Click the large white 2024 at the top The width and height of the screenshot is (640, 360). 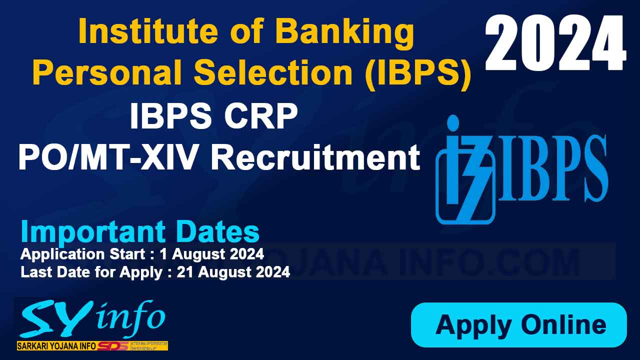tap(555, 43)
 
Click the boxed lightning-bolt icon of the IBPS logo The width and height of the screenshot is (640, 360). tap(465, 170)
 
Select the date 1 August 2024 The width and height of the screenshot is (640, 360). tap(212, 254)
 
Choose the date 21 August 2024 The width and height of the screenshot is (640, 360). tap(233, 272)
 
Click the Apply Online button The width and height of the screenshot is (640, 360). tap(518, 325)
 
